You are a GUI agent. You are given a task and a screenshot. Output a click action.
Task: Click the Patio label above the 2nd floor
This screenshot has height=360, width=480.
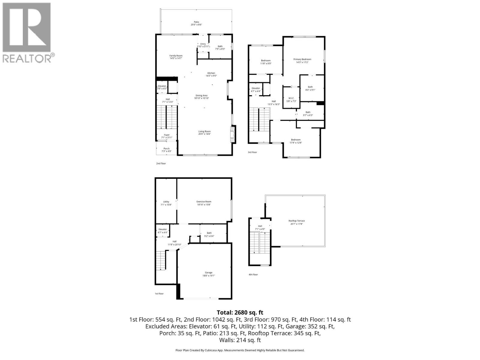coord(196,23)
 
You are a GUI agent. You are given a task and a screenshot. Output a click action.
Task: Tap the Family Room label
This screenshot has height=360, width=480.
coord(176,57)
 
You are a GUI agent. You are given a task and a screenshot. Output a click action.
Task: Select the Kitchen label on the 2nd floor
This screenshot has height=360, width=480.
coord(211,74)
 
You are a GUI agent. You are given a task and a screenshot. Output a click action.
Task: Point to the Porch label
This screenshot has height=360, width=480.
coord(166,150)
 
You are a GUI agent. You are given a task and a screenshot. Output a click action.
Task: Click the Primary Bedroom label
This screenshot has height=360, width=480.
coord(302,61)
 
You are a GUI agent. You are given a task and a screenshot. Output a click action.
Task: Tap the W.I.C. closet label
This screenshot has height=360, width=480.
coord(291,100)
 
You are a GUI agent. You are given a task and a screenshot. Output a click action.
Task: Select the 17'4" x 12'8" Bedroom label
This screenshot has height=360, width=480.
coord(295,141)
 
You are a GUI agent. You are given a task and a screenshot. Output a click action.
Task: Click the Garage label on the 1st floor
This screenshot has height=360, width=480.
coord(208,274)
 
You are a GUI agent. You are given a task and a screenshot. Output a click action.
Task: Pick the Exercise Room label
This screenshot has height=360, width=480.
coord(204,203)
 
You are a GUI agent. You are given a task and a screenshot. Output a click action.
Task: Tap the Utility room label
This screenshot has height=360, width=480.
coord(166,203)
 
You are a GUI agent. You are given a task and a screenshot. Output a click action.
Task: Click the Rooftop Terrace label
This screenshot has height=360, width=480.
coord(296,222)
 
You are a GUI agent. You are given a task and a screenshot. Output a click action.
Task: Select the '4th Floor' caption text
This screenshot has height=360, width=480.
coord(253,274)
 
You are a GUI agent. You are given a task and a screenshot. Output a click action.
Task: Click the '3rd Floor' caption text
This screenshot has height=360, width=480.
coord(252,152)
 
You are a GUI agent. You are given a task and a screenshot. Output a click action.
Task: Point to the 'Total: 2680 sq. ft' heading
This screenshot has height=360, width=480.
coord(240,313)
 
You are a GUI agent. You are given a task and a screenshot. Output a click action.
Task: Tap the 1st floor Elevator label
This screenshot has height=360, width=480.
coord(162,231)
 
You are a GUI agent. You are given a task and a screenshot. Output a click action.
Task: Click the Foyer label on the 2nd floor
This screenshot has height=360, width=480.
coord(166,136)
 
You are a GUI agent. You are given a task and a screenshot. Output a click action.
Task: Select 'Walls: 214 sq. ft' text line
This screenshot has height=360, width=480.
coord(240,340)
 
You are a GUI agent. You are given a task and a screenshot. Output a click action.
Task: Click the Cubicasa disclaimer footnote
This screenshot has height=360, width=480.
coord(240,350)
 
